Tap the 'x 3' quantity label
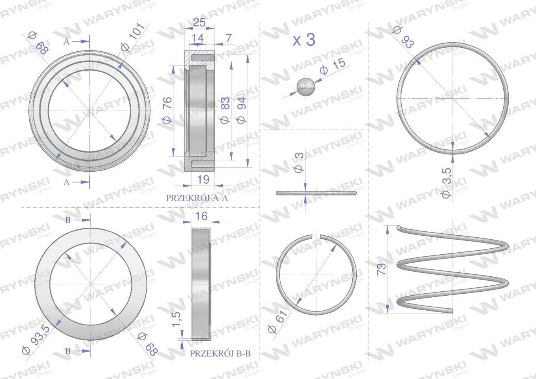304,40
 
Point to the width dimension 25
199,22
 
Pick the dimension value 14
197,38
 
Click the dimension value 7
229,38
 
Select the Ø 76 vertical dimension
167,110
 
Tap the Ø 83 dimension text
225,110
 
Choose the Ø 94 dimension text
241,110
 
